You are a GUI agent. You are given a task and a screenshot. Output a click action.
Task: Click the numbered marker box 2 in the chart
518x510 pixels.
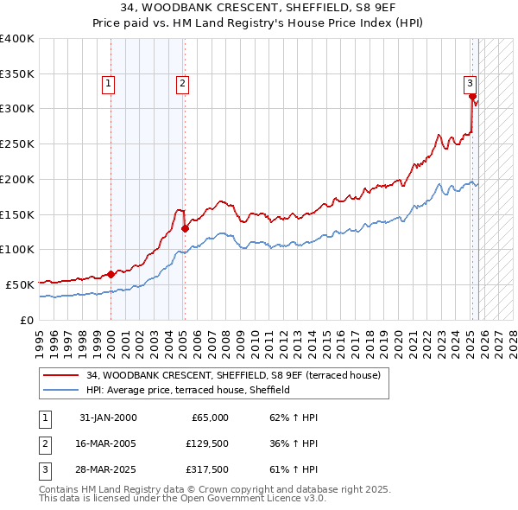pyautogui.click(x=184, y=84)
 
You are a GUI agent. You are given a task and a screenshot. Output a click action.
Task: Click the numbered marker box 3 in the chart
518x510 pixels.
pyautogui.click(x=470, y=84)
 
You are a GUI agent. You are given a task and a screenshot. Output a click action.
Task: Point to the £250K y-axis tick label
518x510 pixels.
pyautogui.click(x=17, y=144)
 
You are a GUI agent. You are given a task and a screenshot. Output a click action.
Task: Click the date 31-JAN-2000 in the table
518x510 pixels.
pyautogui.click(x=107, y=418)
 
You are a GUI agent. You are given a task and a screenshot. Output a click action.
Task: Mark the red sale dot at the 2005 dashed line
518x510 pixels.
pyautogui.click(x=185, y=229)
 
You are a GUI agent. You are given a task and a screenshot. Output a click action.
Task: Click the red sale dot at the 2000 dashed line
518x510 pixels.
pyautogui.click(x=111, y=274)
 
